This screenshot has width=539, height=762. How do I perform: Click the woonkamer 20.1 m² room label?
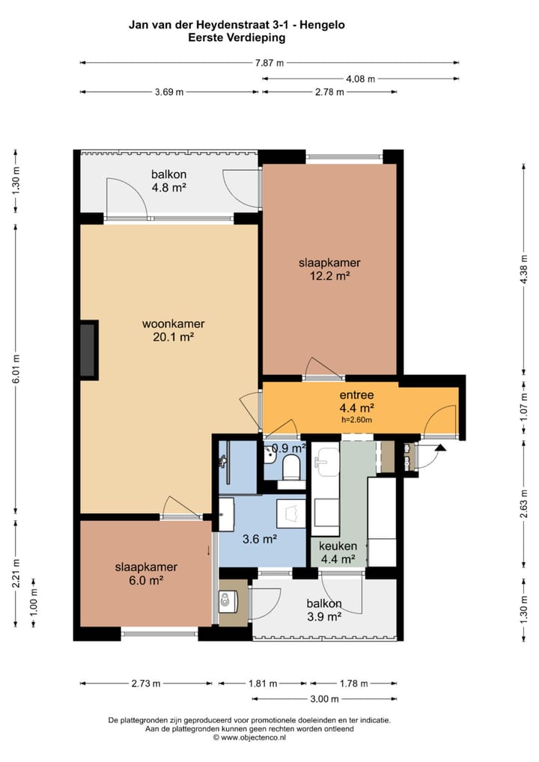coord(174,330)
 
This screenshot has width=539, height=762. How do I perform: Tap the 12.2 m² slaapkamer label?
coord(329,269)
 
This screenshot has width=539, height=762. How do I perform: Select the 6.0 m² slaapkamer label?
coord(146,573)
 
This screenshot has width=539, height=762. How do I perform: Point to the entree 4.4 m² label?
coord(357,401)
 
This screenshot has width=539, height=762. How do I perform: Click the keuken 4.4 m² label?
coord(338,552)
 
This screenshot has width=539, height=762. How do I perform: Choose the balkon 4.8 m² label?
coord(168,181)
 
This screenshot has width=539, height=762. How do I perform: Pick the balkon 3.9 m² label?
coord(324,610)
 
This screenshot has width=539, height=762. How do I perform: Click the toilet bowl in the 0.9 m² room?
coord(292,466)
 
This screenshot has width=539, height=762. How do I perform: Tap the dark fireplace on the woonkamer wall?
coord(88,350)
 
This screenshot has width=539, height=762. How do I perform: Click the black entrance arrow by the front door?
coord(440,448)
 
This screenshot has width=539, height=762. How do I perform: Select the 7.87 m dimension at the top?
coord(269,63)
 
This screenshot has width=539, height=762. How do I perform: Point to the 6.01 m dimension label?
coord(16,369)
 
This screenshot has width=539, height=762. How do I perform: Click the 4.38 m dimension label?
coord(523,269)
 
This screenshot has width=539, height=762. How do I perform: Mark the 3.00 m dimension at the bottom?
coord(325,699)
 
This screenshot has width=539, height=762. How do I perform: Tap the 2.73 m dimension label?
coord(146,683)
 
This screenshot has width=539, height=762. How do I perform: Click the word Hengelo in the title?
coord(322,25)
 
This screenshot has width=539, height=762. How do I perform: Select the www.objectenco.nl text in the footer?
coord(253,737)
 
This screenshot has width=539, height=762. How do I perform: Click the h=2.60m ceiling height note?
coord(357,420)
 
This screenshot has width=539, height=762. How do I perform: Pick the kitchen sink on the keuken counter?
coord(326,462)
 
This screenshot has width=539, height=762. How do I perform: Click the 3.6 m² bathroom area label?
coord(260,539)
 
